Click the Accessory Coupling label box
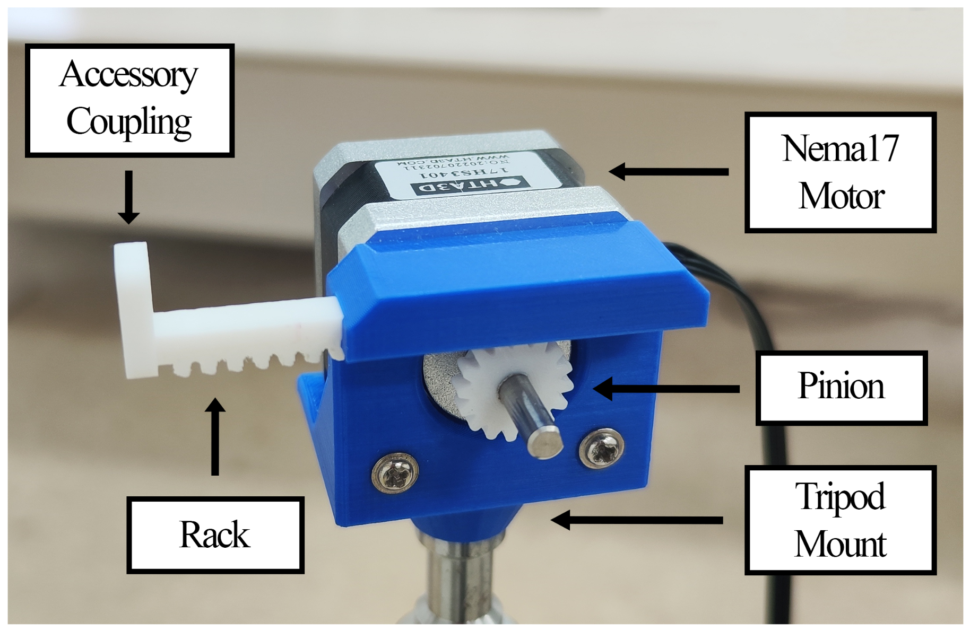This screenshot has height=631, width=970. tap(129, 100)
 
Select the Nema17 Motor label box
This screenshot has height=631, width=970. tap(840, 172)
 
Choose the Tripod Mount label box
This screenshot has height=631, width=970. tap(840, 520)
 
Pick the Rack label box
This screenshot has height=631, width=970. tap(215, 534)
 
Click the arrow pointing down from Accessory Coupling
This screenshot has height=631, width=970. tap(128, 196)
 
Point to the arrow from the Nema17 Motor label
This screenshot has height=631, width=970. tap(669, 171)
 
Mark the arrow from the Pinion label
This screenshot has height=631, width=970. tap(666, 389)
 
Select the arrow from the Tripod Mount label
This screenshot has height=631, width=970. tap(637, 520)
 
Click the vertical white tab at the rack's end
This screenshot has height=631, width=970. tap(133, 308)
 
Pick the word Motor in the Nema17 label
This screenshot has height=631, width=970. tap(841, 196)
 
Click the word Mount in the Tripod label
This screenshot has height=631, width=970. tap(840, 544)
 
